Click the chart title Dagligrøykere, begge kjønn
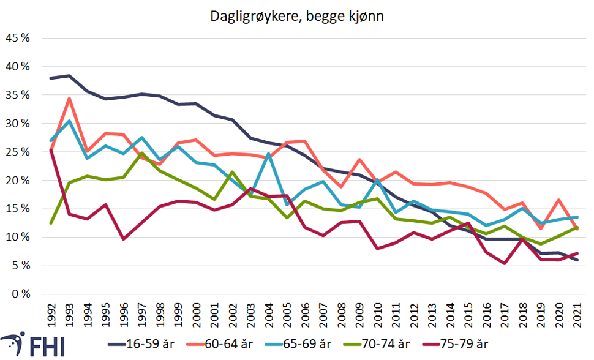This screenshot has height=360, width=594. pyautogui.click(x=297, y=17)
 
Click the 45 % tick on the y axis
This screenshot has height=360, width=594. pyautogui.click(x=18, y=38)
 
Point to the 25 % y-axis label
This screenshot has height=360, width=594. pyautogui.click(x=18, y=152)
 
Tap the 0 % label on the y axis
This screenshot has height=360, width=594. pyautogui.click(x=21, y=294)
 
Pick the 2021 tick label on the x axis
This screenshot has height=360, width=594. pyautogui.click(x=576, y=311)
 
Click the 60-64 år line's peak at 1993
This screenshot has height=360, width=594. pyautogui.click(x=69, y=99)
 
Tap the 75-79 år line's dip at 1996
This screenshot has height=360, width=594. pyautogui.click(x=124, y=239)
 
